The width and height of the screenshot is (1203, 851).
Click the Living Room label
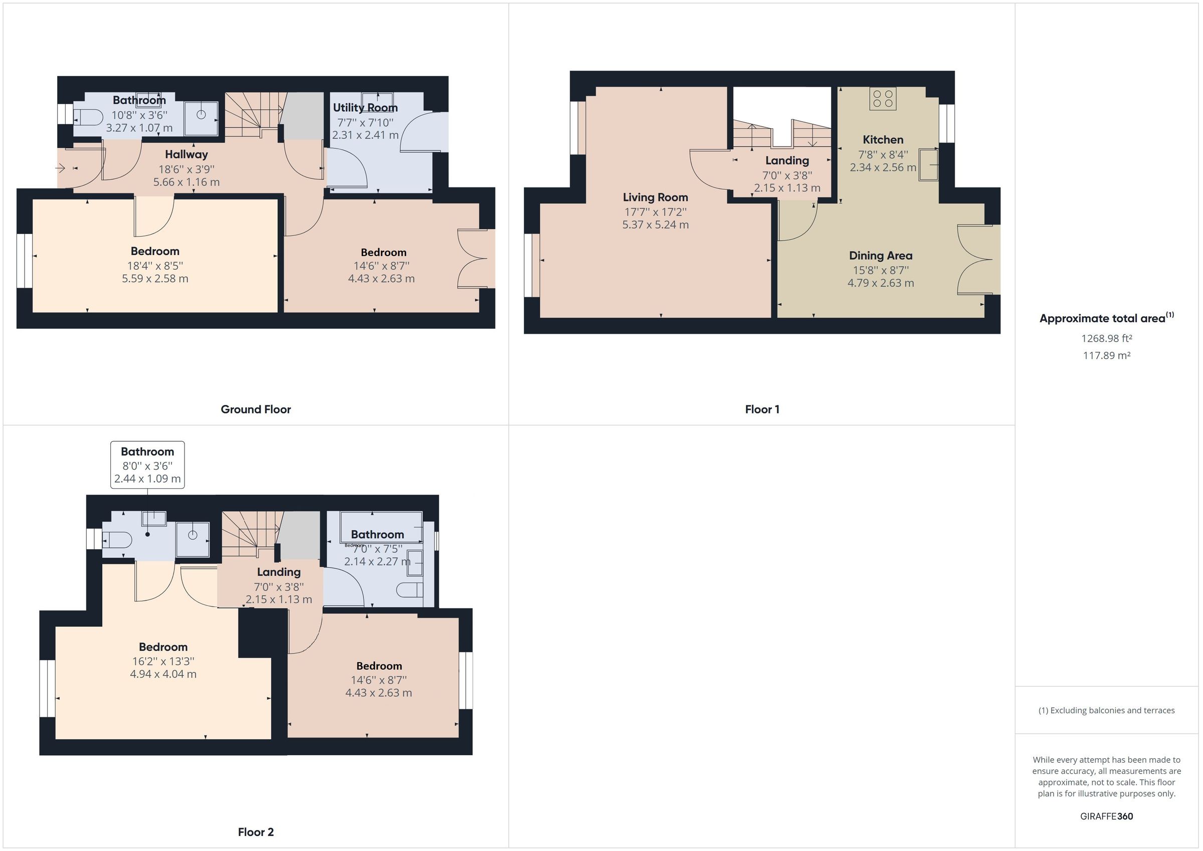(655, 197)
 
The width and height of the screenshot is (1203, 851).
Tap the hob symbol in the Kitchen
(883, 99)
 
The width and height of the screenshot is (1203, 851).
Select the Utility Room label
(365, 107)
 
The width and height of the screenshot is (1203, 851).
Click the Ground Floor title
(255, 409)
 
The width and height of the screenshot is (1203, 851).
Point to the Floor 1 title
(762, 409)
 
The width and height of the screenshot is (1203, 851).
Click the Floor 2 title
(255, 831)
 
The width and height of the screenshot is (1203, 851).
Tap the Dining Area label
(880, 256)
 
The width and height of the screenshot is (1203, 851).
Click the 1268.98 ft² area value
(1106, 338)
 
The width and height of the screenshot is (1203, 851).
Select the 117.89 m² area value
(1106, 355)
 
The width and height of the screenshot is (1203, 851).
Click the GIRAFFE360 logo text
(1106, 816)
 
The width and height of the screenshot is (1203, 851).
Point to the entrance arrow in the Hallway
(61, 168)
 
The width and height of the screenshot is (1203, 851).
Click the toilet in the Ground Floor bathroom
(88, 117)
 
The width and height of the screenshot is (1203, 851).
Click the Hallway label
(186, 154)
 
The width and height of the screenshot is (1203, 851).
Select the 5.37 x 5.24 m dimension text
(655, 225)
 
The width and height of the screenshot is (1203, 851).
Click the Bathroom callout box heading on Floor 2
(147, 452)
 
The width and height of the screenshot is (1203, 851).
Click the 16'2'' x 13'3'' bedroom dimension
(163, 662)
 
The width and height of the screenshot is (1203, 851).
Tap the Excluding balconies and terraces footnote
(1106, 711)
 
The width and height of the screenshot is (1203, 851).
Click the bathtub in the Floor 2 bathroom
(381, 526)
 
